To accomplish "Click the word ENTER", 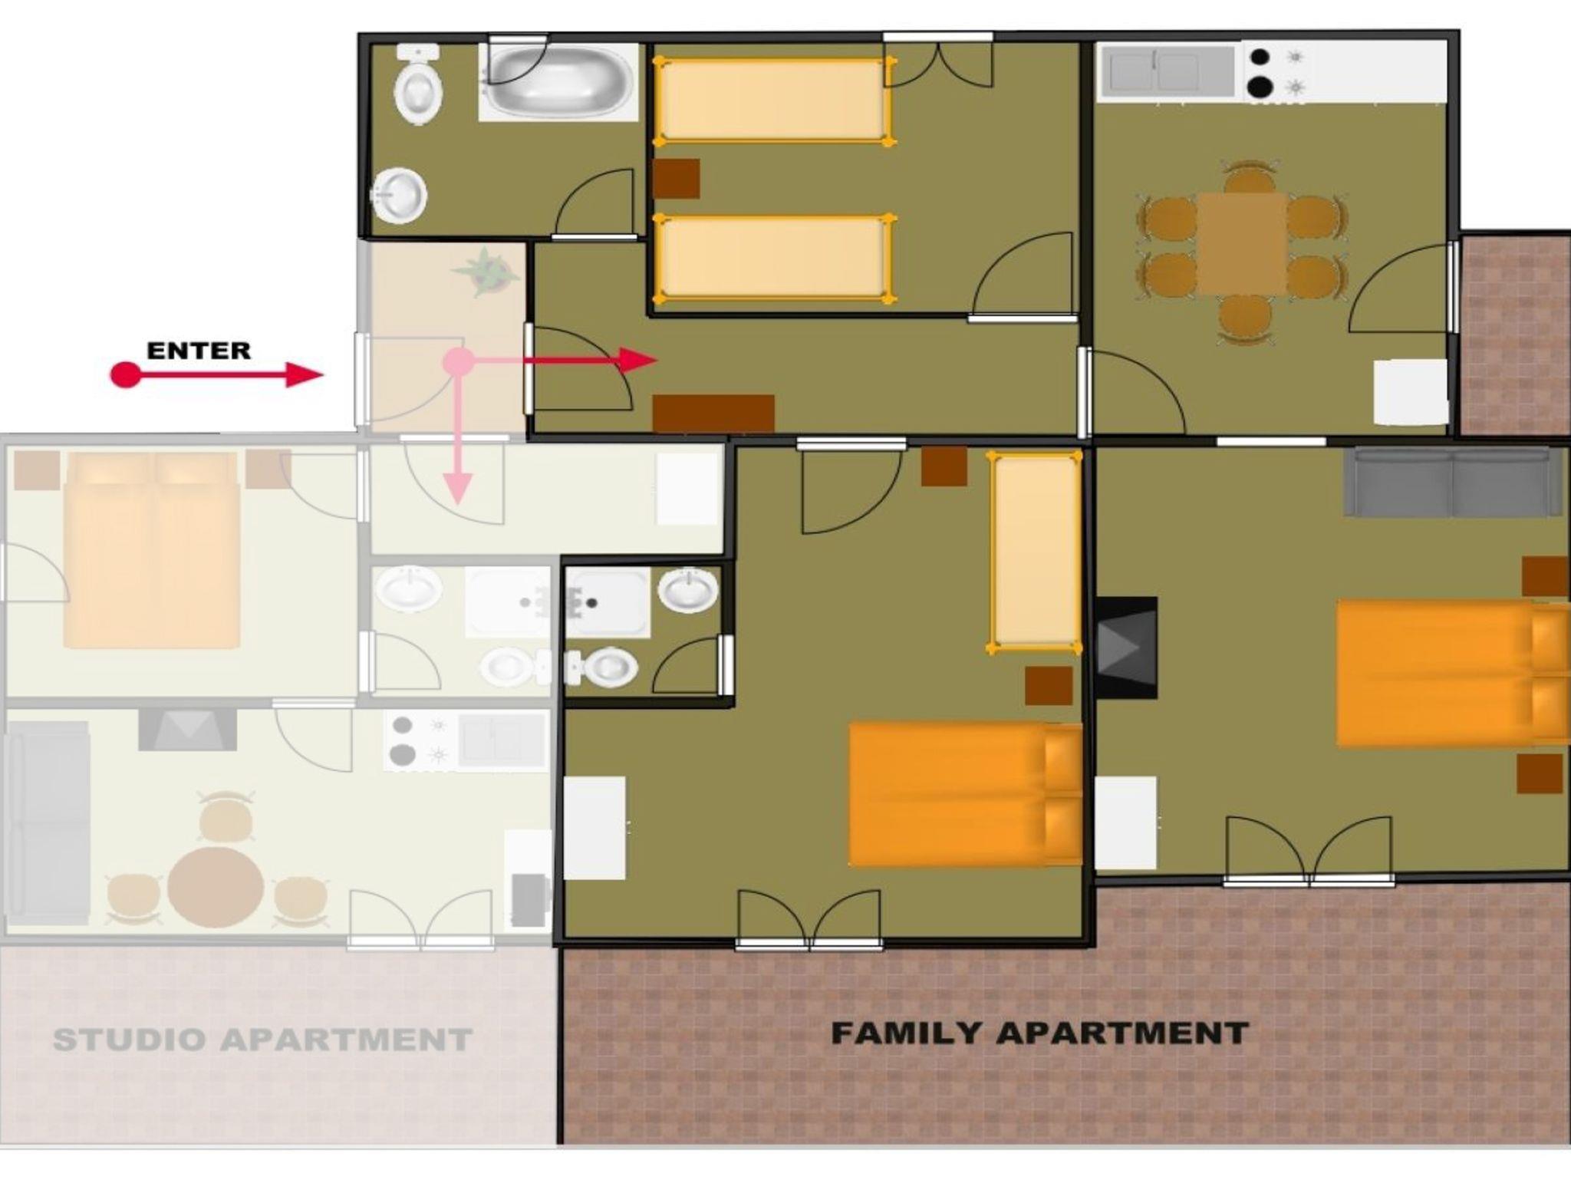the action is [199, 351].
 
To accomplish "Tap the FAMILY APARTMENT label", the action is [1040, 1033].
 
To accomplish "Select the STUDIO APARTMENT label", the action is [262, 1040].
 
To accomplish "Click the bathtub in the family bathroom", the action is [558, 81].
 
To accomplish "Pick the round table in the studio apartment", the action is [216, 888].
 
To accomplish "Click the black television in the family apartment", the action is [1126, 648].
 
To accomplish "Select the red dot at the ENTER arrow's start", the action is [126, 375].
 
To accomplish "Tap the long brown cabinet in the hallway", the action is [713, 414].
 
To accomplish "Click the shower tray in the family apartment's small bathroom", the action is [608, 603].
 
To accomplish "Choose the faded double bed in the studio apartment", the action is [152, 550].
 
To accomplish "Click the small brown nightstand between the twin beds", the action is [676, 179].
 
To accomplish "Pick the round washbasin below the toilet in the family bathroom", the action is [400, 196].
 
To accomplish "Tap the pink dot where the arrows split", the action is [459, 361].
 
